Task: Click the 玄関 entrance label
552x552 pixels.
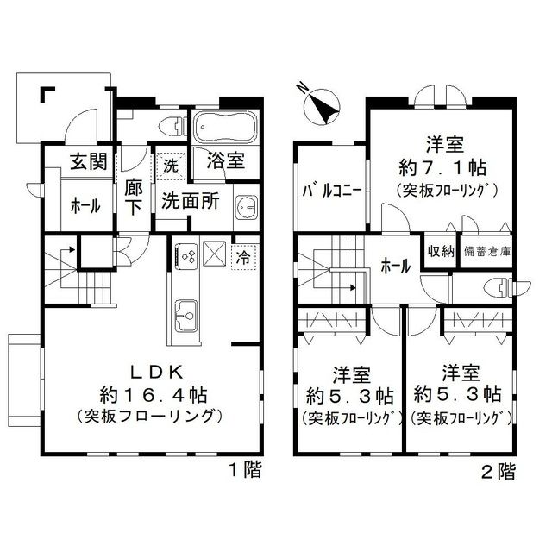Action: [84, 160]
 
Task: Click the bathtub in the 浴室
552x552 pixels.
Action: [220, 129]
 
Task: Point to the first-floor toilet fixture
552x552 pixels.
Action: [170, 126]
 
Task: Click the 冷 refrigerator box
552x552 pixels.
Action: [244, 257]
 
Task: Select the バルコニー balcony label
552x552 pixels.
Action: [330, 191]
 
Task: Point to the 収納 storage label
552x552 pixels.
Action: [440, 252]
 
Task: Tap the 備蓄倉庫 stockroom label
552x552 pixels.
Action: [487, 252]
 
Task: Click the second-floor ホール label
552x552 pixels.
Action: [396, 267]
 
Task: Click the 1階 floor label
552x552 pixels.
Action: [245, 470]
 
